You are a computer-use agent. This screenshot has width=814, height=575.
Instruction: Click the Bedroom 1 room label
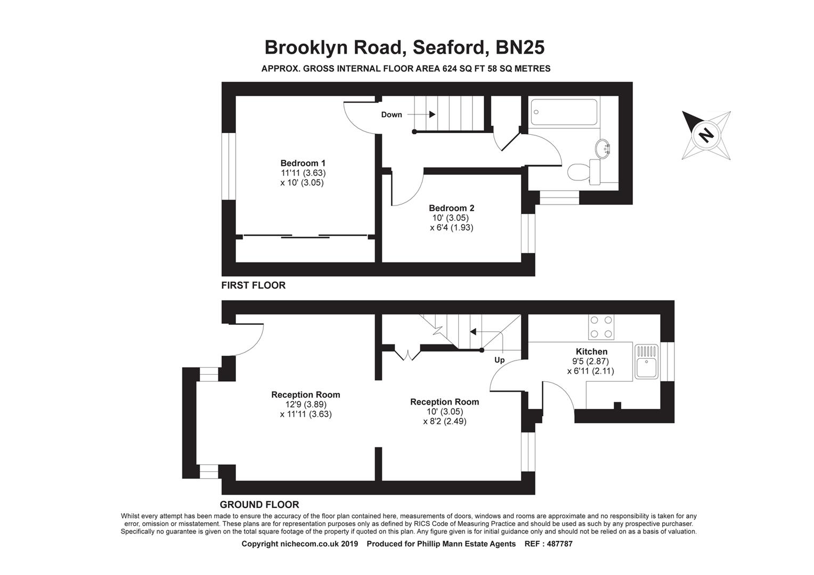click(x=303, y=163)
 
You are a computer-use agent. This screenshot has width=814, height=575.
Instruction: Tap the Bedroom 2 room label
click(x=451, y=208)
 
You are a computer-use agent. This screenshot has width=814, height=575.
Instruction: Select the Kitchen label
click(x=591, y=351)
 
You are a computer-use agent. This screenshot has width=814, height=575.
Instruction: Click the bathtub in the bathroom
click(x=564, y=112)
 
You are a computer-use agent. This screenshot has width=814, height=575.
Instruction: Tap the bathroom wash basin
click(x=605, y=149)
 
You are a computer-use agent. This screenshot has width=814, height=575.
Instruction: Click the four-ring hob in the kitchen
click(x=601, y=327)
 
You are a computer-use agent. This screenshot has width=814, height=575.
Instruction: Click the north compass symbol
click(x=706, y=135)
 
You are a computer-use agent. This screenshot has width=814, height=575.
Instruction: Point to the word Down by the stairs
click(x=392, y=114)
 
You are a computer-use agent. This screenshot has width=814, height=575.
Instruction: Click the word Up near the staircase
click(x=499, y=360)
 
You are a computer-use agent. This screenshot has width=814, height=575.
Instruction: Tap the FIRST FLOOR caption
click(x=254, y=285)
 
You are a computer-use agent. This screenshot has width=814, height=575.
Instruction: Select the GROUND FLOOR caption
click(x=259, y=505)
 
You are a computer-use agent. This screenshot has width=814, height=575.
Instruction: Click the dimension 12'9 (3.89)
click(x=305, y=404)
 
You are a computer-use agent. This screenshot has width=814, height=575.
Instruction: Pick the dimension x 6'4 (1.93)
click(x=451, y=227)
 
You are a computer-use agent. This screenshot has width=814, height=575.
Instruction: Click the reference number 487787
click(x=557, y=544)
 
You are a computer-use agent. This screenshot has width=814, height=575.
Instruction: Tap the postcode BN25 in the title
click(x=520, y=47)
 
